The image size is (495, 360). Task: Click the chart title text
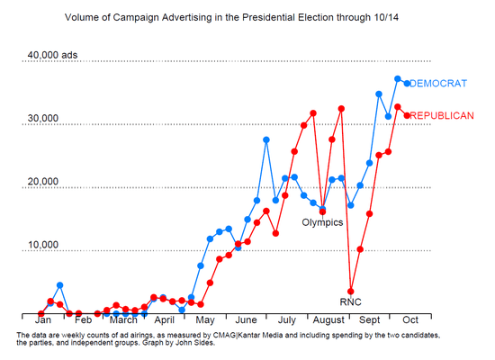(x=247, y=17)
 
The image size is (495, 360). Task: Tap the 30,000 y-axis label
(x=43, y=119)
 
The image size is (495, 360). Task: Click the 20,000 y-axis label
(x=43, y=182)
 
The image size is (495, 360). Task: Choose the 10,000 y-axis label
(x=43, y=245)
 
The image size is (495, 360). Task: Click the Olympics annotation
(x=322, y=221)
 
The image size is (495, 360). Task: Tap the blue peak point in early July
(x=266, y=139)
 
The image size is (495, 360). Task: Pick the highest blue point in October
(x=398, y=79)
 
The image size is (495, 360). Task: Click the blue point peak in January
(x=59, y=285)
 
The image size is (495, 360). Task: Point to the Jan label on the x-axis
(x=42, y=319)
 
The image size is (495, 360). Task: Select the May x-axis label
(x=204, y=319)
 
